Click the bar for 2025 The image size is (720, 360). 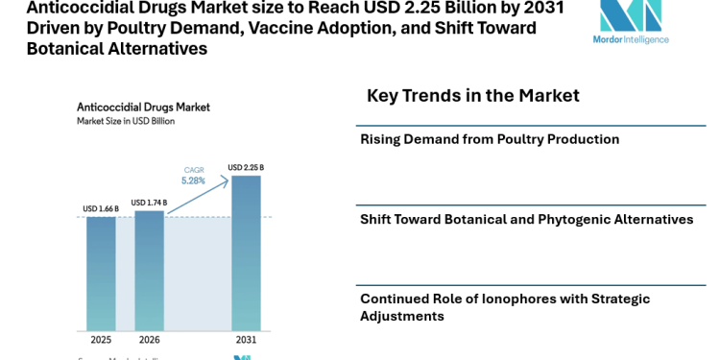[101, 274]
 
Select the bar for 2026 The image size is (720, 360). [149, 271]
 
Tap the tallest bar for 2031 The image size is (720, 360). [246, 253]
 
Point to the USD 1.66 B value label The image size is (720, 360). [101, 209]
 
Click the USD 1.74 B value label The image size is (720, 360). [149, 203]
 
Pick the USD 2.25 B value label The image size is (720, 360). [246, 168]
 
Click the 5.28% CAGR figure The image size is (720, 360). [194, 180]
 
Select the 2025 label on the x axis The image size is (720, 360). [101, 340]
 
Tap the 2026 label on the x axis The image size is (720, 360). [149, 340]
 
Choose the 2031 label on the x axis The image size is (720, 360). [246, 340]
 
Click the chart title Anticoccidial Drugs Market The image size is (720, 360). [143, 107]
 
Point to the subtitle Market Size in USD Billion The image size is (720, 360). [126, 121]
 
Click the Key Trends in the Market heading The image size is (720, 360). [472, 96]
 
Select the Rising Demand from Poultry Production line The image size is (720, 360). [490, 139]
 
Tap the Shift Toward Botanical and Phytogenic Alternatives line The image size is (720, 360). [526, 220]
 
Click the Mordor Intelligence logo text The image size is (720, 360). [632, 39]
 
